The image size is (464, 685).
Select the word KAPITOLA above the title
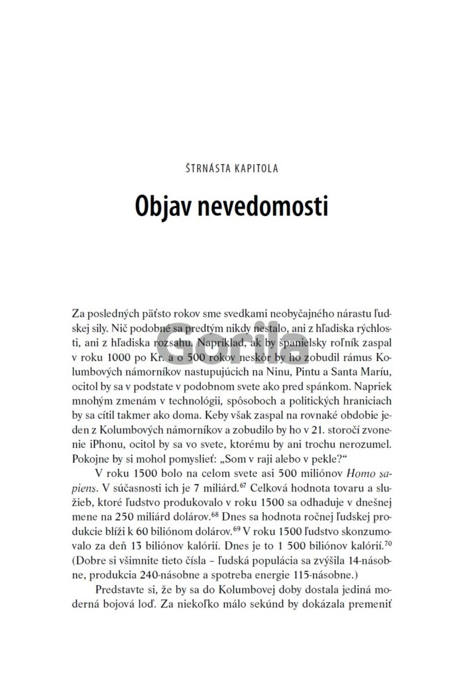point(256,167)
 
